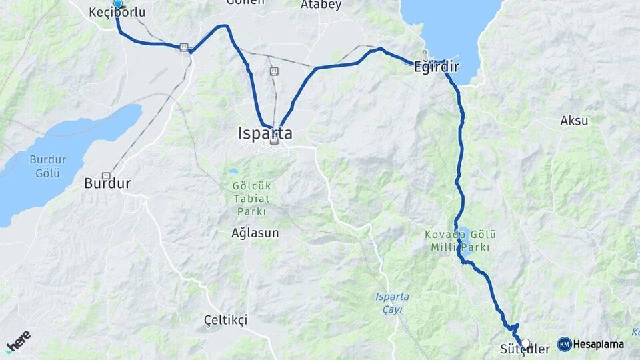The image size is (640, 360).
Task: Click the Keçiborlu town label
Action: (x=117, y=13)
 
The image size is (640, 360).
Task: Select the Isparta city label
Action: (x=265, y=133)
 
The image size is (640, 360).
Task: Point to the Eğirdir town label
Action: (x=437, y=67)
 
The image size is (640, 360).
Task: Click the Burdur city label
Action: (x=107, y=183)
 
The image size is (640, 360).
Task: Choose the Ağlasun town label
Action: (x=255, y=233)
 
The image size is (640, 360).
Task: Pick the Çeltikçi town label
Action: (x=225, y=320)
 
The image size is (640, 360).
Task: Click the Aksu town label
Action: (x=574, y=121)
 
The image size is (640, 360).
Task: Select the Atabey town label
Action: (x=321, y=5)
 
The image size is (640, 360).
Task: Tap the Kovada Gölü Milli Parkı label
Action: (x=460, y=241)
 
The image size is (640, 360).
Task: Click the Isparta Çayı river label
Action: (x=392, y=301)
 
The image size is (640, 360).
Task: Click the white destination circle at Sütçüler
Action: (x=526, y=344)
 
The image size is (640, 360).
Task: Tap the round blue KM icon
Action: (x=564, y=344)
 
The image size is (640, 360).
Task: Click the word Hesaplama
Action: (x=598, y=345)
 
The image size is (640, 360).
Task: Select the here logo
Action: (x=19, y=342)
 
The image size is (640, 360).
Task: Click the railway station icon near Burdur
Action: (x=105, y=175)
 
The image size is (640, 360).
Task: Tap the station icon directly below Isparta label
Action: (x=274, y=141)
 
